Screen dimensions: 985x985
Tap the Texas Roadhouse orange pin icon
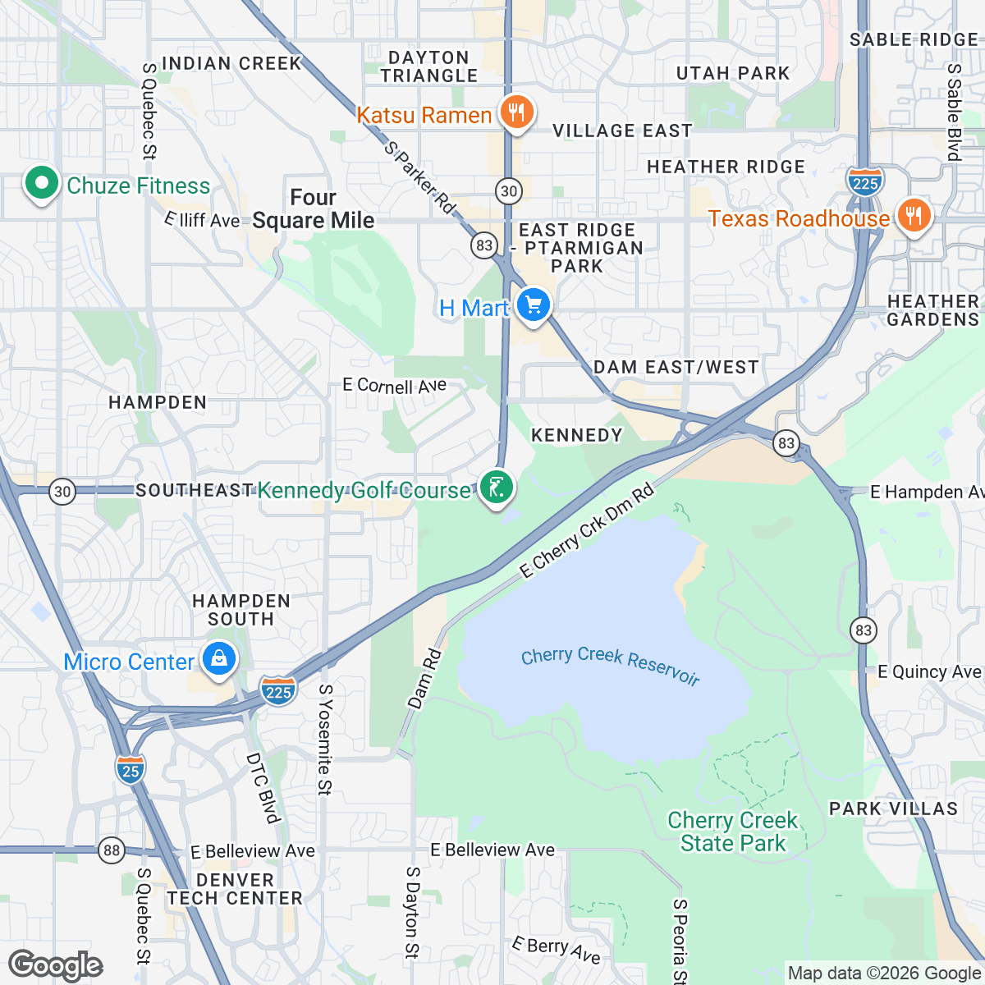point(913,216)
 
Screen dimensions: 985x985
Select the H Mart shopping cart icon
point(534,306)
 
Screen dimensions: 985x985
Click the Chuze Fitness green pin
point(41,184)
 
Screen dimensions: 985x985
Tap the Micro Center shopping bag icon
point(218,659)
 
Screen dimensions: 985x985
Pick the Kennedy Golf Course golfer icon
point(497,488)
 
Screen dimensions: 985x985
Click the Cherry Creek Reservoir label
point(610,665)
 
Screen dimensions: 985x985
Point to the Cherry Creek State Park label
point(732,832)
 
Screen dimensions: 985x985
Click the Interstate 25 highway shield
point(131,770)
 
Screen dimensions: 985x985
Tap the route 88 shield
point(112,850)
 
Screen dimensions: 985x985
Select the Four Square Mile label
point(313,209)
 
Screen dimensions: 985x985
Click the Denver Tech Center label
point(235,889)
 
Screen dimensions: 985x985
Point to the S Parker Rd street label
point(419,177)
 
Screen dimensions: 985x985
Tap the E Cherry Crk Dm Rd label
point(588,531)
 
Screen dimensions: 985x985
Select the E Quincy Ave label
point(929,672)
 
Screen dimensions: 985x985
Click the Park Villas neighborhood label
point(893,809)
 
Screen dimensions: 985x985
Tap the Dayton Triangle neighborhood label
point(428,66)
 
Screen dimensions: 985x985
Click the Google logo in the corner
point(56,965)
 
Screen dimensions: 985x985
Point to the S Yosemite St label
point(325,740)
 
